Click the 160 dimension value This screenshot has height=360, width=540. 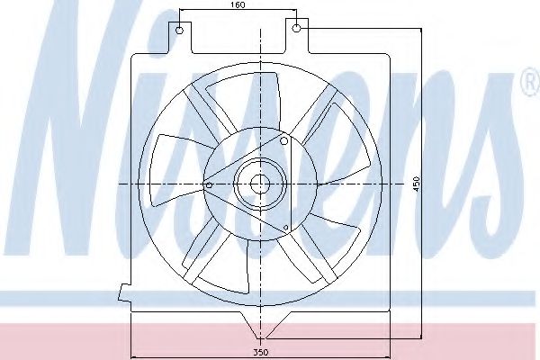(x=237, y=5)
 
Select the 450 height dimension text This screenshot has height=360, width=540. (x=416, y=184)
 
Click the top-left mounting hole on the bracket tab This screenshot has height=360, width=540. (x=180, y=31)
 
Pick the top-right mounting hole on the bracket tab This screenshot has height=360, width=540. (x=297, y=31)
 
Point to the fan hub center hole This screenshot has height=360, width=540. (x=259, y=184)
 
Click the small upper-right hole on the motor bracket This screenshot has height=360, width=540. (x=284, y=141)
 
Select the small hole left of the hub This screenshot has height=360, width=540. (x=210, y=184)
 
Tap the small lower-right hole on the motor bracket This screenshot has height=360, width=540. (x=286, y=226)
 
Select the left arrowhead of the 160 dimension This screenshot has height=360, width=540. (x=184, y=12)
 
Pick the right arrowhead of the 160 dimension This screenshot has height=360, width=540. (x=294, y=12)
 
